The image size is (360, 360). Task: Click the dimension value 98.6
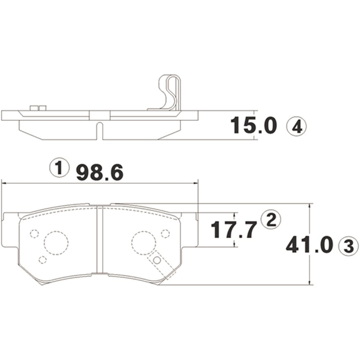pos(100,172)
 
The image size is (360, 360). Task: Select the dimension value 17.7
pos(233,230)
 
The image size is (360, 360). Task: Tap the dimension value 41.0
pos(309,245)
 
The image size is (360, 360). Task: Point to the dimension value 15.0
pos(253,125)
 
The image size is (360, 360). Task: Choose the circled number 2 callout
pos(271,220)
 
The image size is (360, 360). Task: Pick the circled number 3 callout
pos(348,247)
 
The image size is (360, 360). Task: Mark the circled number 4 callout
pos(296,127)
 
